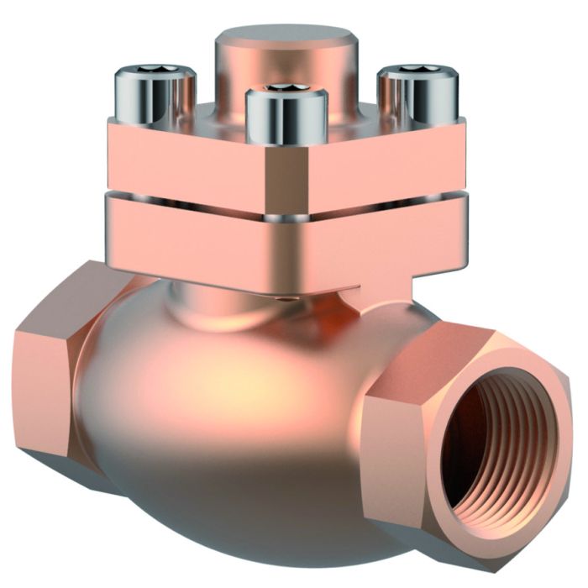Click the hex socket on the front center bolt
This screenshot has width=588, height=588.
286,89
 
